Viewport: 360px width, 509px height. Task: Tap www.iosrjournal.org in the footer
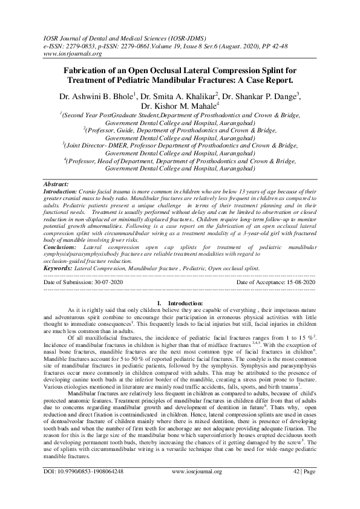point(197,488)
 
